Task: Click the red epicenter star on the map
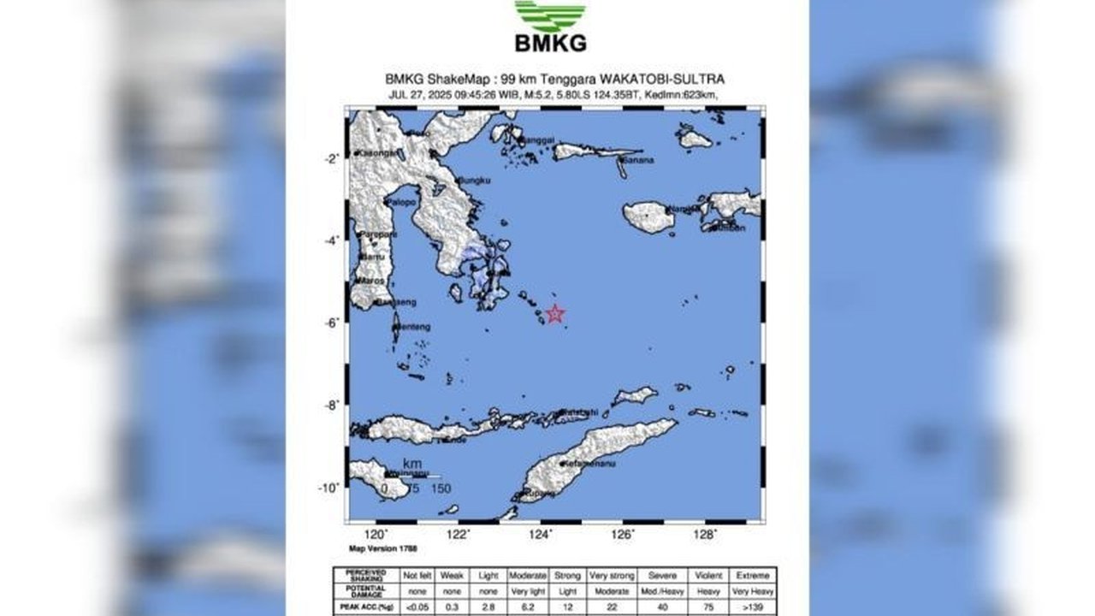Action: pos(555,313)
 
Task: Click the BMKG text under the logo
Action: pos(550,43)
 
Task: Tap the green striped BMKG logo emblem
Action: pos(550,15)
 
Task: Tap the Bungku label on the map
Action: pos(475,181)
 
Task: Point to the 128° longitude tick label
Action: pos(705,535)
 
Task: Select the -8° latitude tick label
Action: pos(331,405)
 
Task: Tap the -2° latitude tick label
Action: pos(331,158)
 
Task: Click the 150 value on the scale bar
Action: pos(441,489)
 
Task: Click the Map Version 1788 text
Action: pos(381,548)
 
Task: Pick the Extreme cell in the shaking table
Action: pos(754,576)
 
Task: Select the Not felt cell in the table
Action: pos(417,576)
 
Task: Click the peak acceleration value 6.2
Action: pos(527,606)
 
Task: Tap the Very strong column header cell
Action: pos(610,576)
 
